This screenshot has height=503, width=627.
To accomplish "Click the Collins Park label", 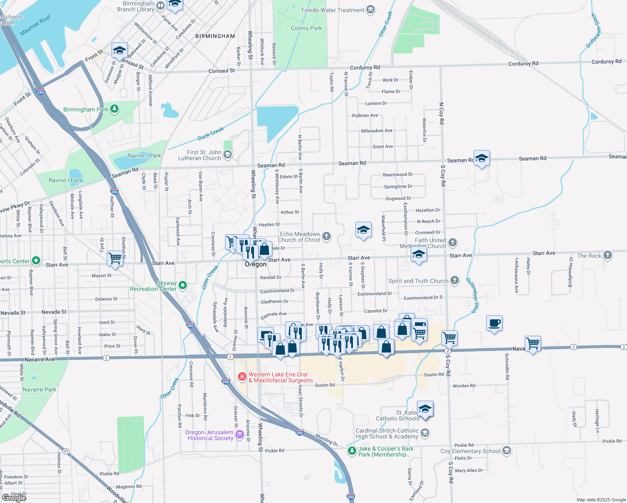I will [306, 28].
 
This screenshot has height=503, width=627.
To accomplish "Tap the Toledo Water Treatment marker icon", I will [370, 10].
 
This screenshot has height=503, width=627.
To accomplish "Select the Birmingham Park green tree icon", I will [114, 109].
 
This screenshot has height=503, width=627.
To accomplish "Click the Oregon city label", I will [256, 264].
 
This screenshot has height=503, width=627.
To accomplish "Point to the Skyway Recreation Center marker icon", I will [183, 285].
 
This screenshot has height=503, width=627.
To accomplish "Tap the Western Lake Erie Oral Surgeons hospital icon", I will [242, 376].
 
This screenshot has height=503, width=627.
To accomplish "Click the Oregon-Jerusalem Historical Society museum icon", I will [240, 435].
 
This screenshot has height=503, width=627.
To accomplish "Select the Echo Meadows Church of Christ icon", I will [326, 237].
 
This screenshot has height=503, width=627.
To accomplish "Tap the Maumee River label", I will [36, 26].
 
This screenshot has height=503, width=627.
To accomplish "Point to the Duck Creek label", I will [211, 134].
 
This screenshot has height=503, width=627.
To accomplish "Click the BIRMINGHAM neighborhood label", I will [215, 36].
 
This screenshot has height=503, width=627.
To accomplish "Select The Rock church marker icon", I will [608, 255].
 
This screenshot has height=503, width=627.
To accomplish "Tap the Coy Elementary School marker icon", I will [507, 451].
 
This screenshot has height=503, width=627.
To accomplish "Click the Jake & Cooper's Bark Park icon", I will [352, 451].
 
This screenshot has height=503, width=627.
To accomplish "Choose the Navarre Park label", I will [39, 389].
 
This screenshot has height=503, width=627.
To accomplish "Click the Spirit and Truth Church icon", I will [455, 280].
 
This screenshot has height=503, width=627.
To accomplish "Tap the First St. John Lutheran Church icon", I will [228, 155].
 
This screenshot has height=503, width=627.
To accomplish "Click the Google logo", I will [14, 498].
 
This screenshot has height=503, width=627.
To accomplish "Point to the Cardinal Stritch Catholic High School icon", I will [425, 433].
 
